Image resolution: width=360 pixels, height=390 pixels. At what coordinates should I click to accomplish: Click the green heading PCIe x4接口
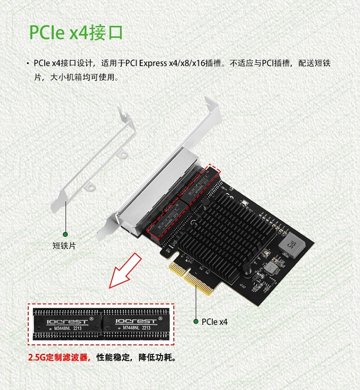(x=76, y=32)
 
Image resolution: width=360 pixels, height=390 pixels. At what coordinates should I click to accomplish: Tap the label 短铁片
(x=64, y=245)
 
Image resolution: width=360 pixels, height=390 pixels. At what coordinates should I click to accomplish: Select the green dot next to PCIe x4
(x=195, y=321)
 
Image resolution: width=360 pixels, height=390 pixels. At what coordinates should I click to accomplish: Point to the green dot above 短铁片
(x=64, y=229)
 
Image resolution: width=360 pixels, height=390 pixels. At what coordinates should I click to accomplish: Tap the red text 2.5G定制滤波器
(x=59, y=358)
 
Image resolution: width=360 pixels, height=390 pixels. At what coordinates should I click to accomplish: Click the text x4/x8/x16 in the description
(x=188, y=63)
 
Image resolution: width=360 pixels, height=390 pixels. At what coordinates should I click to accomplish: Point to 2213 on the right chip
(x=146, y=328)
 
